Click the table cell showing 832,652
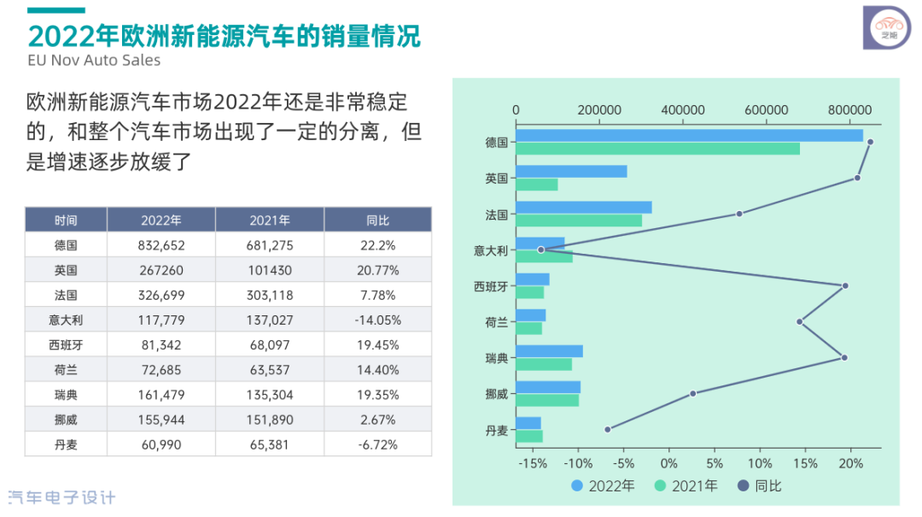pos(161,245)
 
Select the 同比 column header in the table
pos(377,220)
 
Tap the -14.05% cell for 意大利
pos(377,320)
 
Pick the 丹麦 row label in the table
pos(66,444)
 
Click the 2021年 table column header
pos(270,220)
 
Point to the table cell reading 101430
pos(270,270)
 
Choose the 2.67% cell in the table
pos(377,420)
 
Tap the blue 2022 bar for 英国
pos(571,172)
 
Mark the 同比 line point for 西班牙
pos(845,285)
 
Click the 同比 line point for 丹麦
pos(608,429)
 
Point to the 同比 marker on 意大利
pos(540,250)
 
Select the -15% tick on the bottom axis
pos(532,464)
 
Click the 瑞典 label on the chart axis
pos(497,358)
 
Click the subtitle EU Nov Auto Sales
pos(94,61)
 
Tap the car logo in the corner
pos(888,28)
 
